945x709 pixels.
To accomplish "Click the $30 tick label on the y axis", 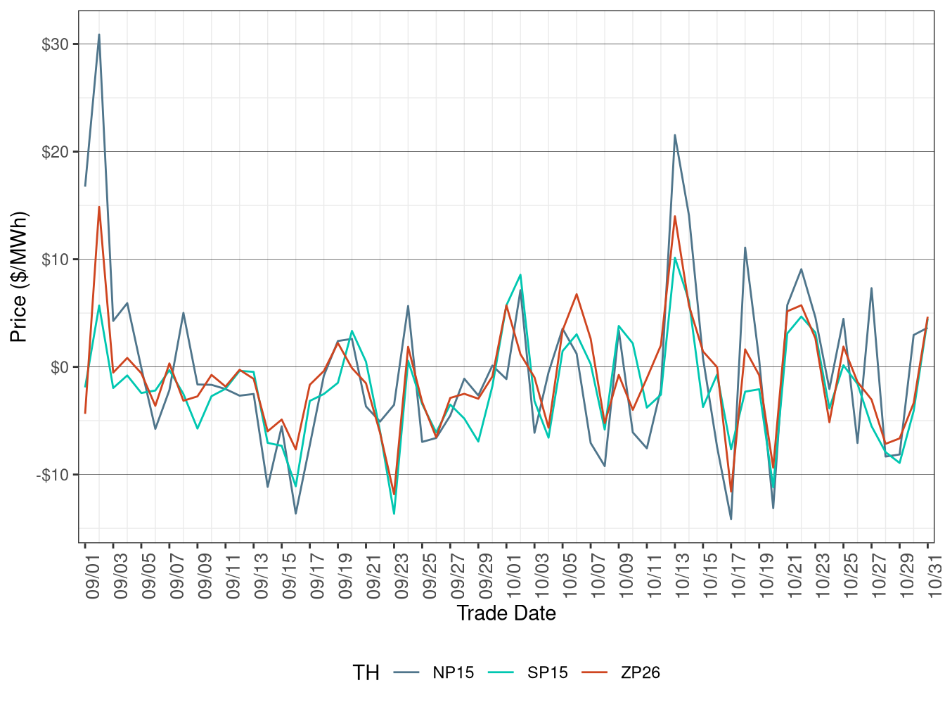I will tap(55, 45).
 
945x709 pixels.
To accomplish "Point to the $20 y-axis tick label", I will tap(55, 153).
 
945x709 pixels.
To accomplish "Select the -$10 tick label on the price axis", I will tap(53, 475).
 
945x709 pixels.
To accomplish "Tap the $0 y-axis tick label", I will tap(59, 368).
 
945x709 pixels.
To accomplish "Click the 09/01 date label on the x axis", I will tap(92, 578).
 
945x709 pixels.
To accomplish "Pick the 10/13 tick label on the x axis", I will tap(682, 578).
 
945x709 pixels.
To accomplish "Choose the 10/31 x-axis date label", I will tap(934, 578).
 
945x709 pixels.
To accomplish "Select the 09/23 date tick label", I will tap(401, 578).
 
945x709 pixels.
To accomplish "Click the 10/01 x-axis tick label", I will tap(513, 578).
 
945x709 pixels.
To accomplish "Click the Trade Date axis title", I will tap(506, 613).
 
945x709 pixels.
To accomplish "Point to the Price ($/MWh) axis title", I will tap(19, 277).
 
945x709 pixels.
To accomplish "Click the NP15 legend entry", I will tap(453, 672).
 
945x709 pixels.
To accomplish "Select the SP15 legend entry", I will tap(547, 672).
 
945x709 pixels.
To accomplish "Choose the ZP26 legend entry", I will tap(640, 672).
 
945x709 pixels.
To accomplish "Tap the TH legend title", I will tap(366, 673).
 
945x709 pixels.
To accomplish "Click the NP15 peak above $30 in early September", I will tap(99, 34).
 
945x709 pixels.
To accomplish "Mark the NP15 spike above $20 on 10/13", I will tap(675, 135).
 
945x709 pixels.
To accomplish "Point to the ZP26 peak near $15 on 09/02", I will tap(99, 207).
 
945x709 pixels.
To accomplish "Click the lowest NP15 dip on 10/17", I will tap(731, 519).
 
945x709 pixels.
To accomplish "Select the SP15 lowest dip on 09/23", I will tap(394, 513).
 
